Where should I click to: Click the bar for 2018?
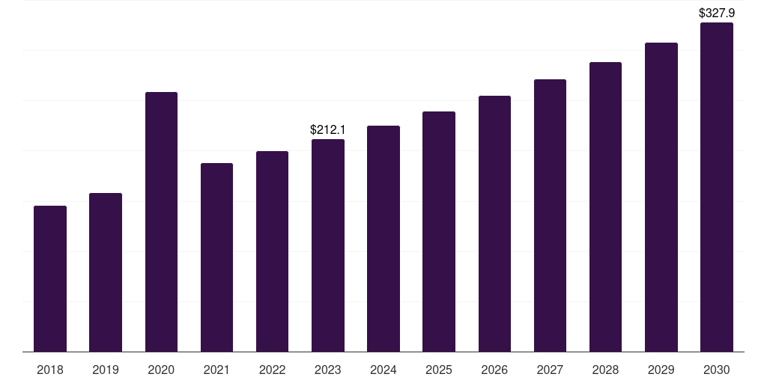pyautogui.click(x=50, y=279)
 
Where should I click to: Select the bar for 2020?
pyautogui.click(x=162, y=221)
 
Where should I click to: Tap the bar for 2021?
pyautogui.click(x=216, y=257)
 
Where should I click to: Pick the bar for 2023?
pyautogui.click(x=328, y=245)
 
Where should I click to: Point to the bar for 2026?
pyautogui.click(x=494, y=224)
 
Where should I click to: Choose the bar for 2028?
pyautogui.click(x=605, y=207)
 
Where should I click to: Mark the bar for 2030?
pyautogui.click(x=717, y=187)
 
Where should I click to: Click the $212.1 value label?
pyautogui.click(x=328, y=129)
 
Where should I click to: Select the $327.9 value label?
pyautogui.click(x=717, y=13)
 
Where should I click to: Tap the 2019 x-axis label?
pyautogui.click(x=106, y=370)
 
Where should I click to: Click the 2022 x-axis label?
pyautogui.click(x=272, y=370)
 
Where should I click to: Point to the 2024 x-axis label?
pyautogui.click(x=383, y=370)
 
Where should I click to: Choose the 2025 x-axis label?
pyautogui.click(x=439, y=370)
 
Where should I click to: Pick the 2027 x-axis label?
pyautogui.click(x=550, y=370)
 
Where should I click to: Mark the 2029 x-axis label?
pyautogui.click(x=661, y=370)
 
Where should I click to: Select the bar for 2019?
pyautogui.click(x=106, y=272)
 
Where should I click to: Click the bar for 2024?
pyautogui.click(x=383, y=239)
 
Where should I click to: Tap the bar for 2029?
pyautogui.click(x=661, y=197)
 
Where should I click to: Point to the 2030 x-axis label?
pyautogui.click(x=717, y=370)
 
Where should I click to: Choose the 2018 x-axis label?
pyautogui.click(x=50, y=370)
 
